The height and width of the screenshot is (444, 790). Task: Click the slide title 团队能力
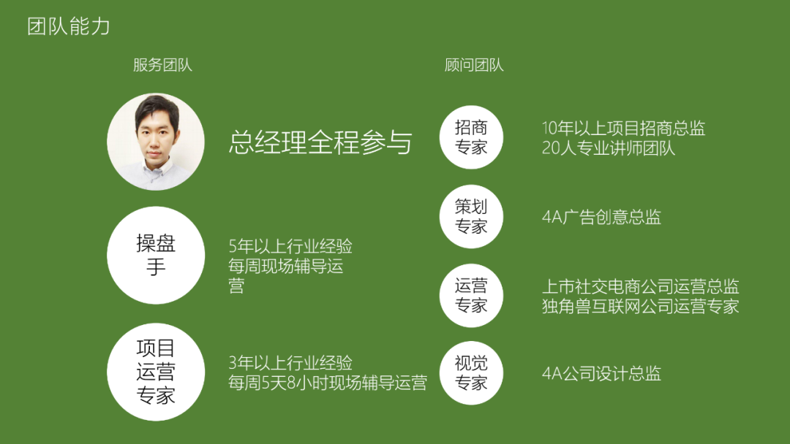tap(69, 26)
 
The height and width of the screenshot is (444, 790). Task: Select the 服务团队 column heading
tap(162, 65)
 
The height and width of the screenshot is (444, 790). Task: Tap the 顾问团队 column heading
tap(473, 65)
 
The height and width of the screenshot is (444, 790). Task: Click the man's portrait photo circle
tap(156, 141)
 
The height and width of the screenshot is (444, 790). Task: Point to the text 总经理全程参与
tap(320, 142)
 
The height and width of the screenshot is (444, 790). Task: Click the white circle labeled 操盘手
tap(156, 255)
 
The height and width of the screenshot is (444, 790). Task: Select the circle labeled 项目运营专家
tap(156, 372)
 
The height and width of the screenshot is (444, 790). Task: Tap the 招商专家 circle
tap(471, 137)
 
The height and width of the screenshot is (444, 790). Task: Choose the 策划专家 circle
tap(471, 216)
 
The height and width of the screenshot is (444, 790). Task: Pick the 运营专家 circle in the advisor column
tap(471, 295)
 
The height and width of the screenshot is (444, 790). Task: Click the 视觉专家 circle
tap(471, 372)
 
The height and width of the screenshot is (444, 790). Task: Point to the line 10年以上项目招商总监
tap(623, 129)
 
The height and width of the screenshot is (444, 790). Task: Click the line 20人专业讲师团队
tap(608, 148)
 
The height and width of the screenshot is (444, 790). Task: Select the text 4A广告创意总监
tap(601, 217)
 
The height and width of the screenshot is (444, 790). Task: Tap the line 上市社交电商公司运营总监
tap(640, 286)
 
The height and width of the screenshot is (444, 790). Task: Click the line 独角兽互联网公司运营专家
tap(640, 306)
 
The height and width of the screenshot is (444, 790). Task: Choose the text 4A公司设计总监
tap(601, 373)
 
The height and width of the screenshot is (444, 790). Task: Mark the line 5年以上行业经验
tap(290, 246)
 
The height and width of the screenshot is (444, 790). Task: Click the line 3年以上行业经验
tap(290, 362)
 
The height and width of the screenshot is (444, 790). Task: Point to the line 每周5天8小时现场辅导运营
tap(328, 383)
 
